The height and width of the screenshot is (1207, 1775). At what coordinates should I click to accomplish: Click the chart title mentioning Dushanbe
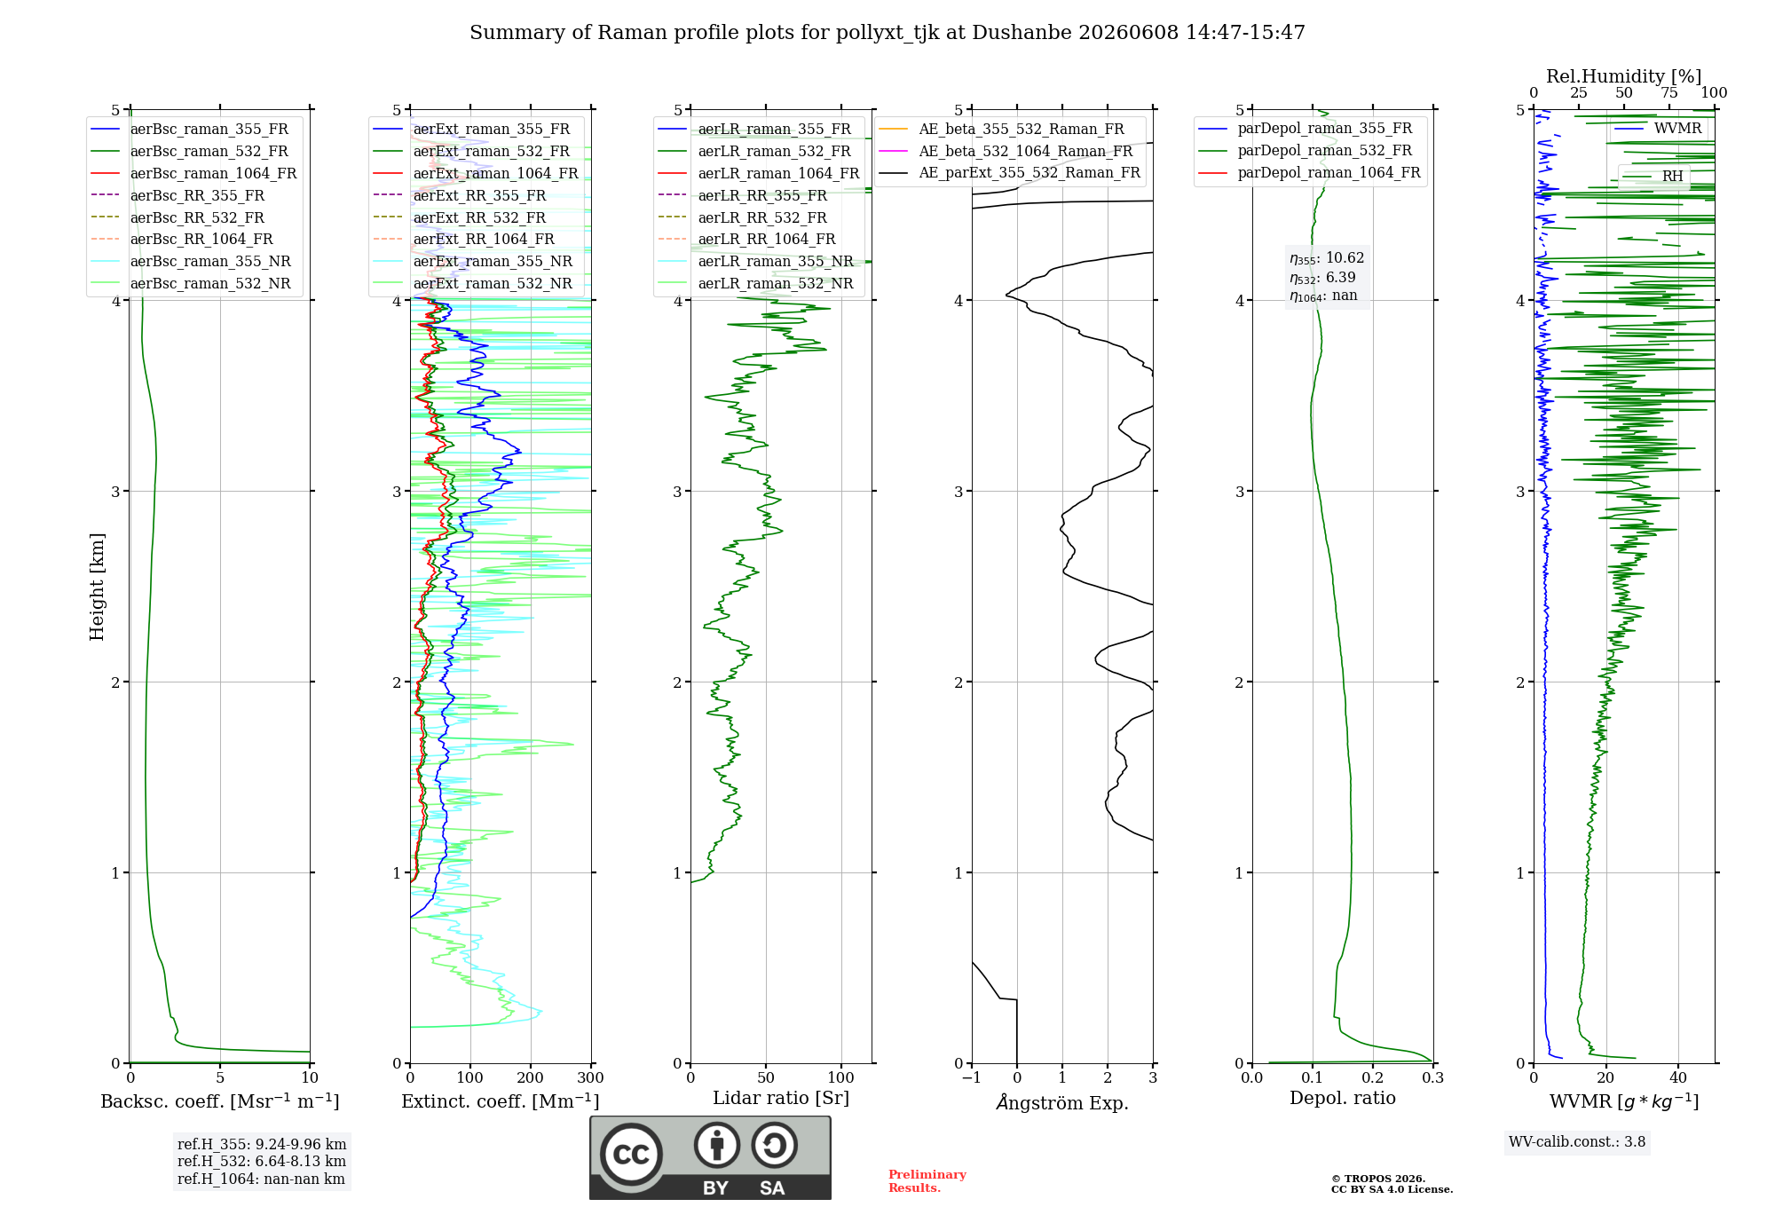tap(887, 33)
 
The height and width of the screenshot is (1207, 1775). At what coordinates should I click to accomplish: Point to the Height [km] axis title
tap(97, 587)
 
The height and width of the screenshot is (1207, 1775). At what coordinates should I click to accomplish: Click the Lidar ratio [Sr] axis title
tap(781, 1098)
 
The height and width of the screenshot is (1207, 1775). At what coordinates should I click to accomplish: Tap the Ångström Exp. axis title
tap(1062, 1102)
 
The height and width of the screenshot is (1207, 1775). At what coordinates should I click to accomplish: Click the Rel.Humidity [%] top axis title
tap(1624, 76)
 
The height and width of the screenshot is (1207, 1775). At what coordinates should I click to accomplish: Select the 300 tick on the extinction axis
tap(591, 1078)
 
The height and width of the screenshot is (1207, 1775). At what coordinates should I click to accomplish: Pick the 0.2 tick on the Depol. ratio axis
tap(1373, 1078)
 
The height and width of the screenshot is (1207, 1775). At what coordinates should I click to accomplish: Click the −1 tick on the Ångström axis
tap(971, 1078)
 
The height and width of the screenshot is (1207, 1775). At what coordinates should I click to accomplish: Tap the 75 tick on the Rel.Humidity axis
tap(1669, 93)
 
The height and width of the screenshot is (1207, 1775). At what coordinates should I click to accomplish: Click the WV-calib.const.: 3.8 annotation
tap(1577, 1142)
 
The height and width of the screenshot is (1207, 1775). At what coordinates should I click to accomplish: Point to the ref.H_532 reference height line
tap(262, 1161)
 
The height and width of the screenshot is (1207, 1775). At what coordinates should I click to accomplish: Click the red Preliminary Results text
tap(927, 1181)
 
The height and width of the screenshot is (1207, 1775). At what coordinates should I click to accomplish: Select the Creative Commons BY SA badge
tap(710, 1158)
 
